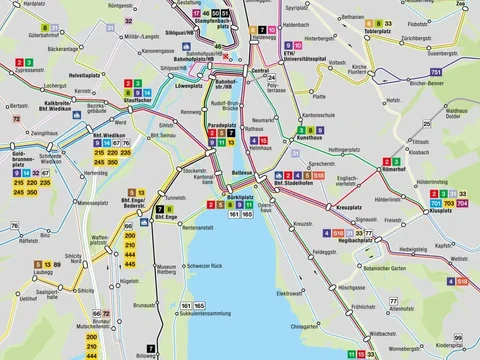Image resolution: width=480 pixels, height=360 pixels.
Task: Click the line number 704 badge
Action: pos(461,202)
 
